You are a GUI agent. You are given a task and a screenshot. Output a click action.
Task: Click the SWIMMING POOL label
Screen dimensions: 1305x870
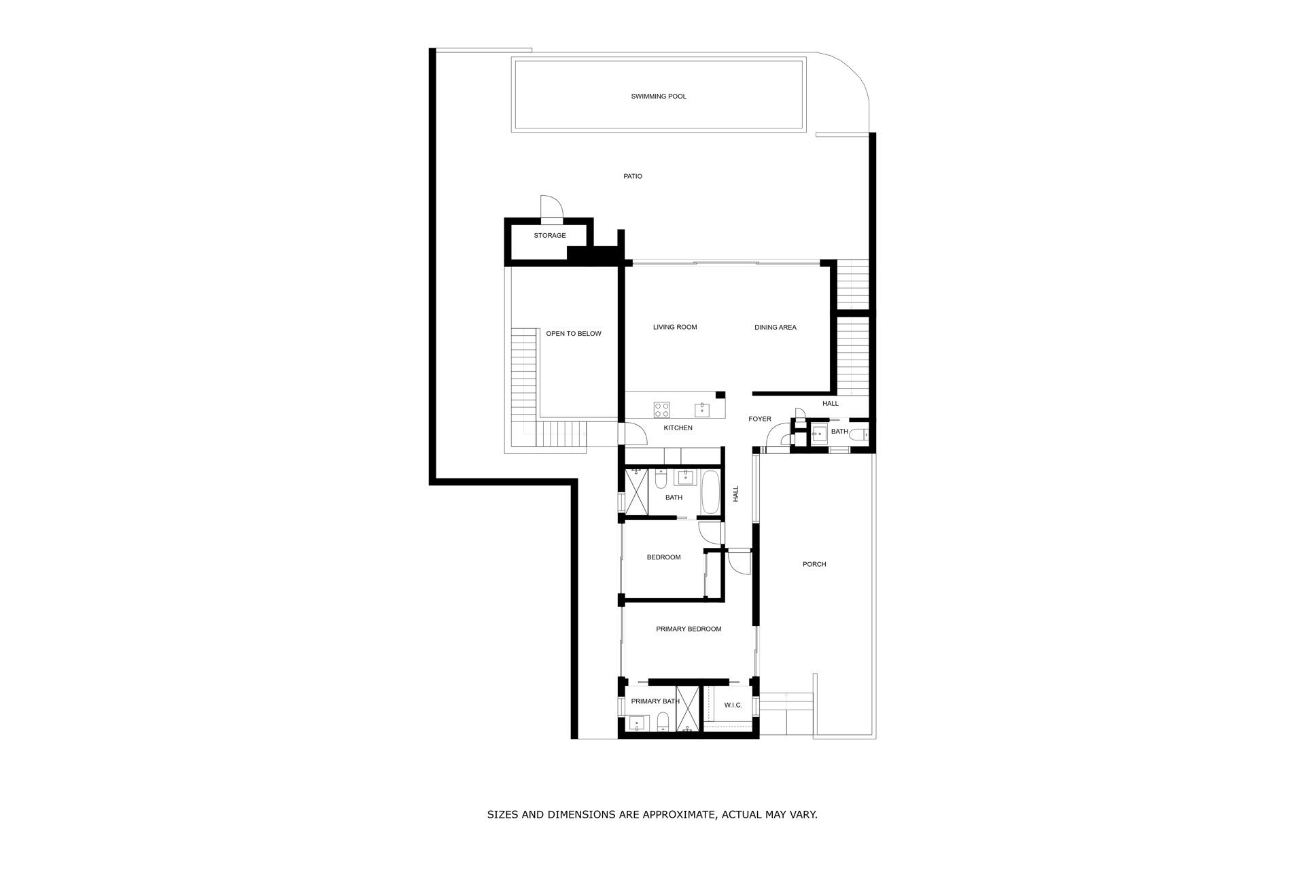[x=659, y=97]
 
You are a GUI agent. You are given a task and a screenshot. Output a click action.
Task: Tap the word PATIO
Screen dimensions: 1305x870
[x=633, y=177]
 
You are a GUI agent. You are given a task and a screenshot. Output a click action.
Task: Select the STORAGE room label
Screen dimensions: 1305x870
[x=550, y=236]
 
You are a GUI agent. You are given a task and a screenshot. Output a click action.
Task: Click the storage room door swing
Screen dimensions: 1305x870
[x=551, y=206]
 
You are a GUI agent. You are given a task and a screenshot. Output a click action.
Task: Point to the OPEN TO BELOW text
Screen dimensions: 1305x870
[x=574, y=334]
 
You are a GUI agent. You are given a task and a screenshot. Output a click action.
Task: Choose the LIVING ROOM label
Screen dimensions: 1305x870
[x=675, y=327]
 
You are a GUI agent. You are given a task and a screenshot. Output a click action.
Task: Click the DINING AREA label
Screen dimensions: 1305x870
[x=776, y=328]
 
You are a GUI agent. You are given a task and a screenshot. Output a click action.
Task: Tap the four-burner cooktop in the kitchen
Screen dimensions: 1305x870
[x=662, y=410]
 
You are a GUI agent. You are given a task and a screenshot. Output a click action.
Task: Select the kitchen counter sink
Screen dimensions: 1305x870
[x=702, y=410]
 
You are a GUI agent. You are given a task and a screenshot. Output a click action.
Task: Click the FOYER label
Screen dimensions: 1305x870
[x=760, y=419]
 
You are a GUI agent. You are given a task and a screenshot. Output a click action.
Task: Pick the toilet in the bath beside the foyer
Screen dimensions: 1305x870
[x=860, y=434]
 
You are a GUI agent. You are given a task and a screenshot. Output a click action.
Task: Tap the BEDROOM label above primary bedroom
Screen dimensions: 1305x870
[x=663, y=557]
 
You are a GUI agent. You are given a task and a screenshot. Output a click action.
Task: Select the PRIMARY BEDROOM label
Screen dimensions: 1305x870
[x=689, y=629]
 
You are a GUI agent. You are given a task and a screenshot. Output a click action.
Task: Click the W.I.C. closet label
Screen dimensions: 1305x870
[x=733, y=706]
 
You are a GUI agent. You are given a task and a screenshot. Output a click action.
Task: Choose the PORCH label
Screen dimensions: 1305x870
[x=814, y=564]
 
